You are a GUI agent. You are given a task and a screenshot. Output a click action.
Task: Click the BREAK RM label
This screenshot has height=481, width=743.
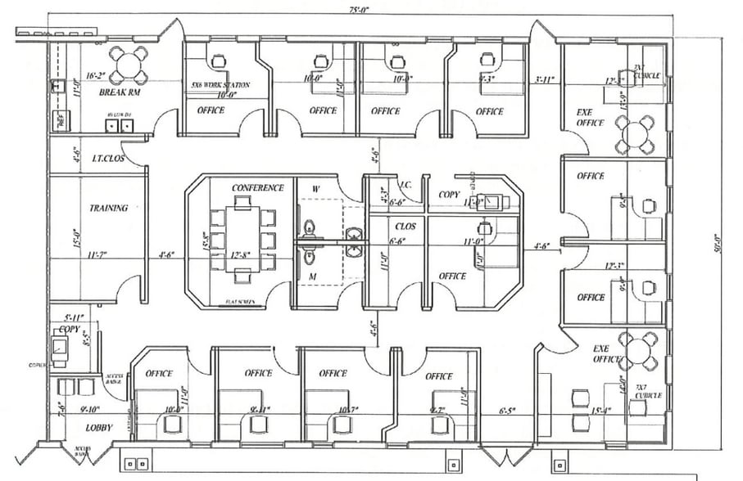116,93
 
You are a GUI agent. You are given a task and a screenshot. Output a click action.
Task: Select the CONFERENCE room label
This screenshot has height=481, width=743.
257,188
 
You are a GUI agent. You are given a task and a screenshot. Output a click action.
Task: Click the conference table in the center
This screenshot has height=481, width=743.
242,232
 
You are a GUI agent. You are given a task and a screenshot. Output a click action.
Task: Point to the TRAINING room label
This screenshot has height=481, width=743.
109,208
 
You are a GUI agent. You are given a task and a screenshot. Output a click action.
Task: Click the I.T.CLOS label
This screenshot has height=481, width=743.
107,158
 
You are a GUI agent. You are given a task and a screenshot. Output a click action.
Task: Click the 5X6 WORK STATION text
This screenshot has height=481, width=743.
220,85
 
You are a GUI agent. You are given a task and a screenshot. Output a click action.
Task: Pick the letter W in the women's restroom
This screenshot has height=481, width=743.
315,189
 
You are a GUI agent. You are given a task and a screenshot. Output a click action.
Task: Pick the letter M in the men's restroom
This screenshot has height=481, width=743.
312,278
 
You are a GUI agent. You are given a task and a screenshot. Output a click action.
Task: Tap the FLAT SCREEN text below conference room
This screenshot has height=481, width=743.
240,302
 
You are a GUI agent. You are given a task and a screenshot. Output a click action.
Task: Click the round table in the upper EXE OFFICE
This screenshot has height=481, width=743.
637,134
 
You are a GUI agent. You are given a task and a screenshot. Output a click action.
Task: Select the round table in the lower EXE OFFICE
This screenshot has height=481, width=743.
638,350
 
